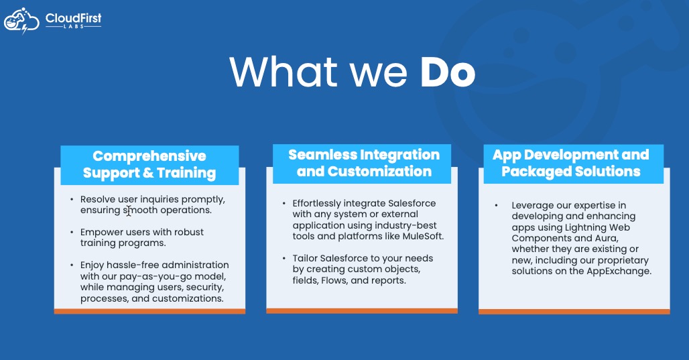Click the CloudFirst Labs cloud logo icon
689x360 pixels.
pyautogui.click(x=21, y=21)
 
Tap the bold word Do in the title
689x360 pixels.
pyautogui.click(x=448, y=72)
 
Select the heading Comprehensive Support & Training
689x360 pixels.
pyautogui.click(x=149, y=164)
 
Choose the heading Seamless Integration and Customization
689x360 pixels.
pyautogui.click(x=364, y=163)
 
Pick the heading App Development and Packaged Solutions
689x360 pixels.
pyautogui.click(x=571, y=163)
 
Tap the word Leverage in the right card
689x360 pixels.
pyautogui.click(x=530, y=206)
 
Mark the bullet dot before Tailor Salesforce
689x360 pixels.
pyautogui.click(x=284, y=258)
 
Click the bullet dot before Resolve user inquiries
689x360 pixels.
pyautogui.click(x=72, y=199)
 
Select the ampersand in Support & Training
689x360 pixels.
pyautogui.click(x=148, y=173)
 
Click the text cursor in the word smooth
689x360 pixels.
pyautogui.click(x=128, y=211)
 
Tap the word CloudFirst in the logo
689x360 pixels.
pyautogui.click(x=73, y=18)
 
